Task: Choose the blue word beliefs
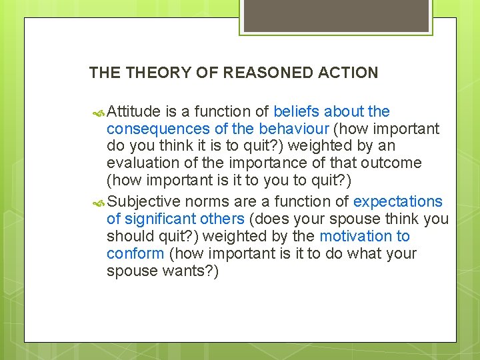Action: pyautogui.click(x=297, y=111)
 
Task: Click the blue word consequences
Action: pyautogui.click(x=149, y=129)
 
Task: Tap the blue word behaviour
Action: pyautogui.click(x=294, y=129)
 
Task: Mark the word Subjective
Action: pyautogui.click(x=144, y=201)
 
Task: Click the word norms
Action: pyautogui.click(x=206, y=201)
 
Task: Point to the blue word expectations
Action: pyautogui.click(x=398, y=201)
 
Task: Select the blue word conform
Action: pyautogui.click(x=135, y=253)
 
